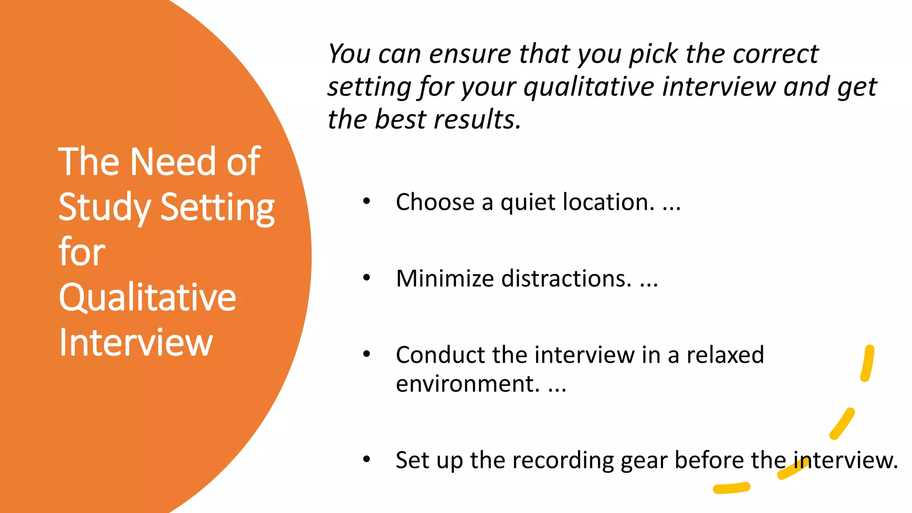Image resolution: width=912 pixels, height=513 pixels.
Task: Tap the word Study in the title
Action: tap(104, 208)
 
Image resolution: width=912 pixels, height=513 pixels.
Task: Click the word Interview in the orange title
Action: tap(136, 342)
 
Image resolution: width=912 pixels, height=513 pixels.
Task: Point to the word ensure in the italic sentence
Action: tap(469, 54)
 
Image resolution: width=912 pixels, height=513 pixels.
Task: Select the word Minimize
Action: tap(445, 279)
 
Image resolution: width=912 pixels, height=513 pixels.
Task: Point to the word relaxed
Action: tap(725, 355)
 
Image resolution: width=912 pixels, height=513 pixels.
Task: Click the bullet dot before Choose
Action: tap(366, 201)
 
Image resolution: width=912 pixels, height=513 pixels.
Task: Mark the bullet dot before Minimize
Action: tap(366, 278)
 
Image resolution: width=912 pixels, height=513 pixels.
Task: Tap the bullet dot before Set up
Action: tap(366, 459)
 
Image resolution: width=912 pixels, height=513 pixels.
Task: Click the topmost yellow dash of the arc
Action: tap(867, 363)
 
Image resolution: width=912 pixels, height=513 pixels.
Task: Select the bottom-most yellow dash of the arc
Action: tap(732, 488)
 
